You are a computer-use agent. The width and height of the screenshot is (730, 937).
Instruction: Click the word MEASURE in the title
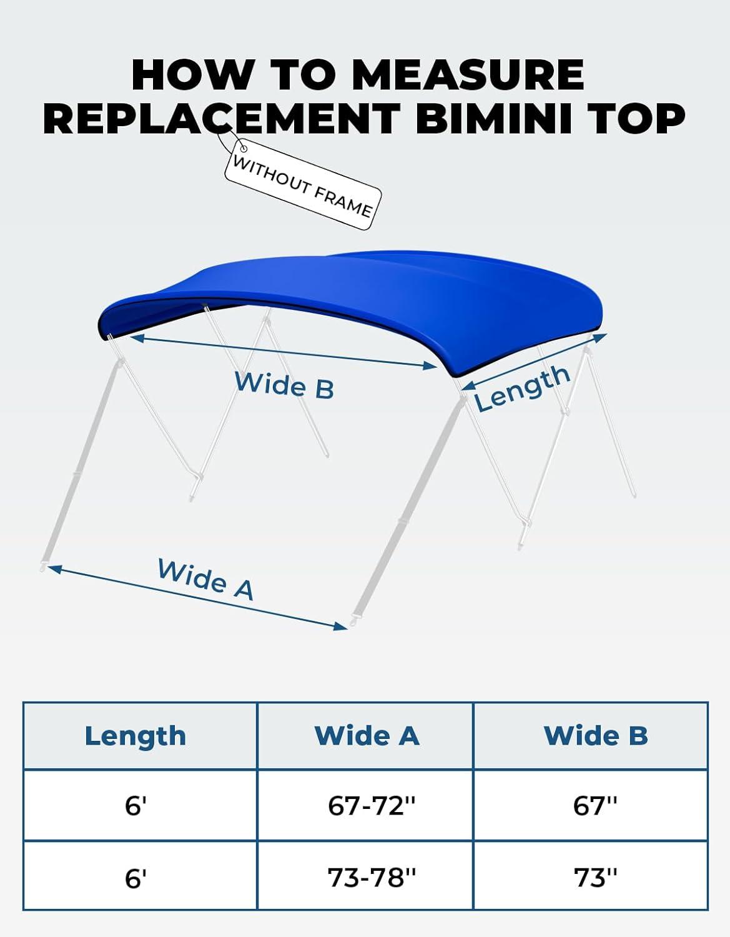point(468,74)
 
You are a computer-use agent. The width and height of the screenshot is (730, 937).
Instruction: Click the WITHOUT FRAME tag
point(302,185)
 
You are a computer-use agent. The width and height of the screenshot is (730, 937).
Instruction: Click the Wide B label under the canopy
point(284,385)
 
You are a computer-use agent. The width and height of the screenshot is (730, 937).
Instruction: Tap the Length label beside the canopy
point(522,388)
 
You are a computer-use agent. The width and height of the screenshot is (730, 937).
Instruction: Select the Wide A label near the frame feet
point(205,579)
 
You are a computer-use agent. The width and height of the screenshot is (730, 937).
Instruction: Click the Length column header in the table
point(136,736)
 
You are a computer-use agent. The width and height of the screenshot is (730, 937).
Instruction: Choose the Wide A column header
point(367,736)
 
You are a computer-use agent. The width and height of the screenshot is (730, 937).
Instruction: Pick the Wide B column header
point(596,736)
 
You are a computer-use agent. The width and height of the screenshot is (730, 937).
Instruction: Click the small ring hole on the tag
point(244,149)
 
